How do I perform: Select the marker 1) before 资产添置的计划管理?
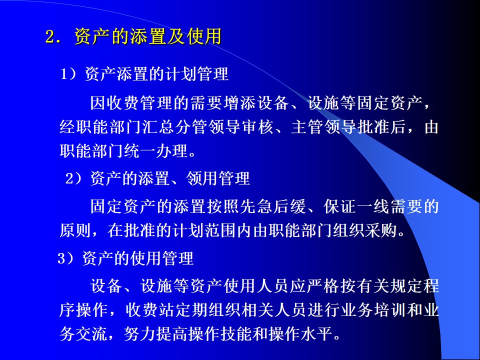pyautogui.click(x=68, y=74)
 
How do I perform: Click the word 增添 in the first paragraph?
pyautogui.click(x=239, y=103)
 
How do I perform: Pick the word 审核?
pyautogui.click(x=257, y=127)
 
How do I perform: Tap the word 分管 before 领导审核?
pyautogui.click(x=191, y=127)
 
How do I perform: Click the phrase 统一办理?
pyautogui.click(x=155, y=151)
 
